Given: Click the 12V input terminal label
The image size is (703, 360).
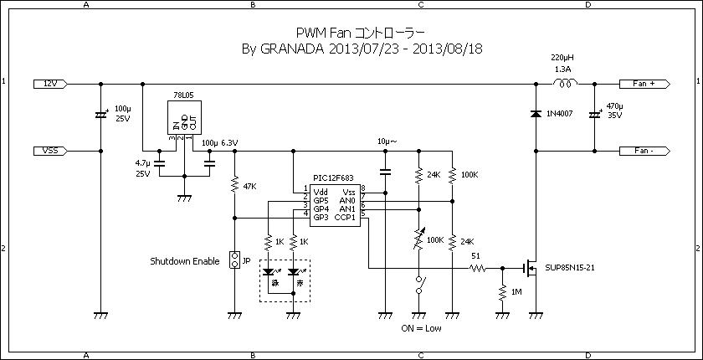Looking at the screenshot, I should [x=49, y=84].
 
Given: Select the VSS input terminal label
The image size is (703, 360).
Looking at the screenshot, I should [x=49, y=151].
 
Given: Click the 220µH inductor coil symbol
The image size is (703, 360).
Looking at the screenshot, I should [x=566, y=83].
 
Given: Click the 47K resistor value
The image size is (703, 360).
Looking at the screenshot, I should [x=249, y=185].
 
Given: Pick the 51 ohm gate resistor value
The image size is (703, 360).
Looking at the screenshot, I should [x=475, y=256].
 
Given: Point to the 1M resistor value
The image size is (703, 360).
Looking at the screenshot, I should [x=516, y=292].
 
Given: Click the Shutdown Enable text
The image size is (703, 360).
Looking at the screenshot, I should [x=184, y=261].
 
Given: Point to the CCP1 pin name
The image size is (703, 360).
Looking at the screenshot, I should [x=345, y=218].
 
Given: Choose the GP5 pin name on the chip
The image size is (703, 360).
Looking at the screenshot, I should [x=321, y=201].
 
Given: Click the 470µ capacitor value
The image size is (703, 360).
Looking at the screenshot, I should [x=615, y=106].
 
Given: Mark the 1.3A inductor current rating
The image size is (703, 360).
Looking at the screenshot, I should [x=562, y=69].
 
